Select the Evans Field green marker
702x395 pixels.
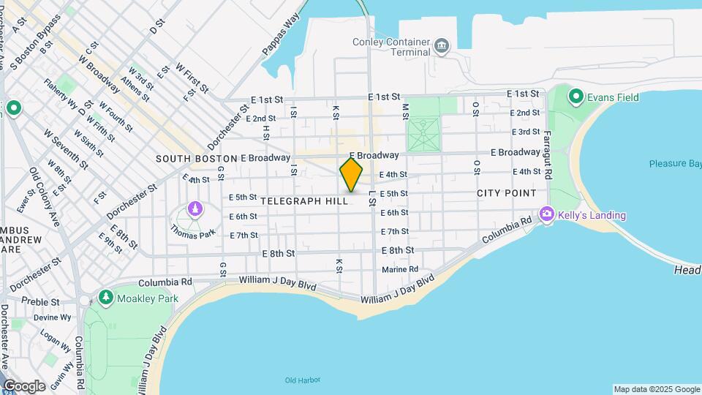coord(575,97)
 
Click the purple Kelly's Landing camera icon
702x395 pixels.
coord(546,214)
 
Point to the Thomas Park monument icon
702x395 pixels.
coord(195,211)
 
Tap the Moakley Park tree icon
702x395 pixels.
coord(106,298)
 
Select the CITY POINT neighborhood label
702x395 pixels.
coord(507,193)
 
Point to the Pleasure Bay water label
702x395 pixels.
coord(674,164)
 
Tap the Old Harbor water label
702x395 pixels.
coord(301,380)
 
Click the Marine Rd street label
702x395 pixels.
coord(400,270)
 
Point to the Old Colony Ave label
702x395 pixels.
coord(45,195)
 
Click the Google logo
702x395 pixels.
coord(24,385)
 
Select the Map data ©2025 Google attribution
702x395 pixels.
coord(657,389)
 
